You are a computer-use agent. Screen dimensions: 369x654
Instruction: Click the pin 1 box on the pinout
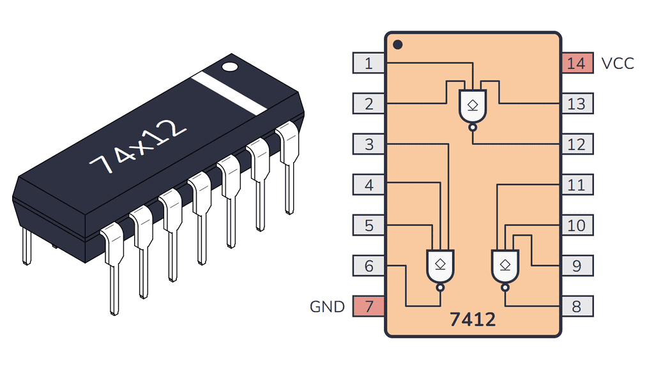tap(369, 63)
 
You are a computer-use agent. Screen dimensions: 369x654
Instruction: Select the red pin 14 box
tap(576, 63)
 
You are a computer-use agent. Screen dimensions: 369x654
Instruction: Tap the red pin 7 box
tap(369, 306)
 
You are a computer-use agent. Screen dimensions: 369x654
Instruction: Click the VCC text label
tap(618, 63)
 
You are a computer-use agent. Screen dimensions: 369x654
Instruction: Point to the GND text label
tap(327, 306)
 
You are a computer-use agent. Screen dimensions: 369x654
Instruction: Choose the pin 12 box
tap(576, 144)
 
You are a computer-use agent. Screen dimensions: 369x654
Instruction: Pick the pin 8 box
tap(576, 306)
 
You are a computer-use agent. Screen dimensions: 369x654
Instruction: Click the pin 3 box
tap(369, 144)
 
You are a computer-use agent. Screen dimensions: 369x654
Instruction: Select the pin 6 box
tap(369, 266)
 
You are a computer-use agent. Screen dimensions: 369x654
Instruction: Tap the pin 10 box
tap(576, 225)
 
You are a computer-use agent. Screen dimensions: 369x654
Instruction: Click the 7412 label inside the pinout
tap(472, 319)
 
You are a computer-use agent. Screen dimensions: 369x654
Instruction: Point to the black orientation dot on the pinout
tap(397, 45)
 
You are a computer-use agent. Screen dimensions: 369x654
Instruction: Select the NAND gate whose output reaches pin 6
tap(439, 266)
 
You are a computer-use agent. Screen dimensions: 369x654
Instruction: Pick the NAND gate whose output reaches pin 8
tap(505, 266)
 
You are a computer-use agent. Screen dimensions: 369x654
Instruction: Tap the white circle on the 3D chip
tap(229, 66)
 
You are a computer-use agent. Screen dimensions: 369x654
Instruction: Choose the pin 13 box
tap(576, 103)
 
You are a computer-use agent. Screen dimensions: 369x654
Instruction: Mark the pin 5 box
tap(369, 225)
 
